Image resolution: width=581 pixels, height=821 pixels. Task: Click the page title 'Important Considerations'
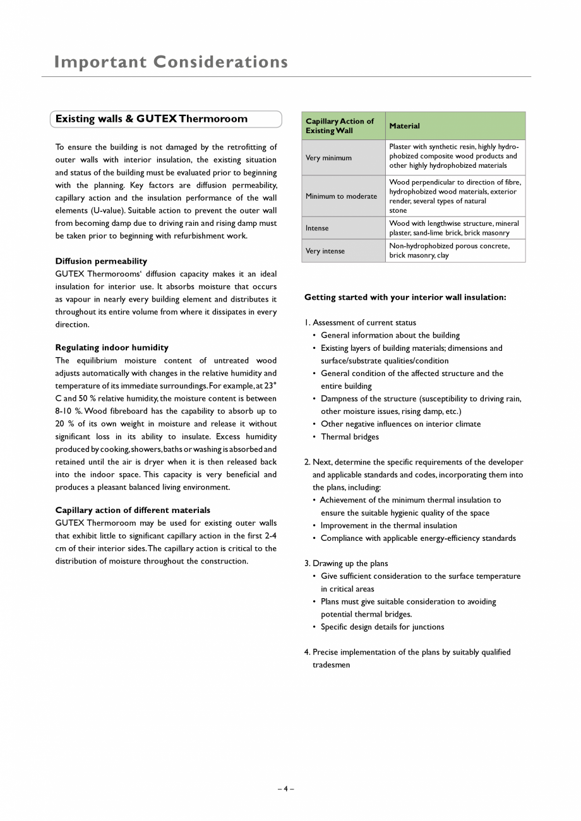pos(171,62)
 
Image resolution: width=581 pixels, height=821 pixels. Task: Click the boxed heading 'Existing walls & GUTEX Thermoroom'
pos(152,119)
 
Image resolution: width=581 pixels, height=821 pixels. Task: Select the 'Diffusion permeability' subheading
pos(101,261)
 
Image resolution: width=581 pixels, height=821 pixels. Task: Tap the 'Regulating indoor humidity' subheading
pos(112,348)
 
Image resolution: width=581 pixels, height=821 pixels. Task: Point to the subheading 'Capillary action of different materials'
pos(133,510)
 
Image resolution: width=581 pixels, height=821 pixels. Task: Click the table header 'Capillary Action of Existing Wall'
pos(340,126)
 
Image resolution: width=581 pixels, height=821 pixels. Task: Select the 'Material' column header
pos(404,126)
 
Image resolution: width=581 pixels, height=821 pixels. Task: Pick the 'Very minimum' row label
pos(328,158)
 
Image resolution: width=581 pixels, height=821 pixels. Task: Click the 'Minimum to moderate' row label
pos(341,196)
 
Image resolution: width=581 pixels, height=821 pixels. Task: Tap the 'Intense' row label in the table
pos(317,228)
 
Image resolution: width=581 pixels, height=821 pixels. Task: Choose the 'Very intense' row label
pos(325,251)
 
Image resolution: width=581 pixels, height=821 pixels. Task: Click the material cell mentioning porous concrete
pos(449,251)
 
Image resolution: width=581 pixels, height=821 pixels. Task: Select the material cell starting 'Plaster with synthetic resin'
pos(453,156)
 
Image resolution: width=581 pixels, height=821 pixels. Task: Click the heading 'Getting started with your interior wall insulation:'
pos(405,297)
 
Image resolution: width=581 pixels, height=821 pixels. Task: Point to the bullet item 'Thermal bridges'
pos(350,437)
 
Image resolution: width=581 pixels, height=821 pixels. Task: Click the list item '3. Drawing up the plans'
pos(346,564)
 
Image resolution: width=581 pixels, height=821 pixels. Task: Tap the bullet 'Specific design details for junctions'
pos(382,627)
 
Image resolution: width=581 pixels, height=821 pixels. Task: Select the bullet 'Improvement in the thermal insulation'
pos(388,525)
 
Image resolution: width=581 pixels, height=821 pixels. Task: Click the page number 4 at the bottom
pos(285,788)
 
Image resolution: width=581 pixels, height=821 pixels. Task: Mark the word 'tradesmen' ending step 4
pos(331,664)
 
